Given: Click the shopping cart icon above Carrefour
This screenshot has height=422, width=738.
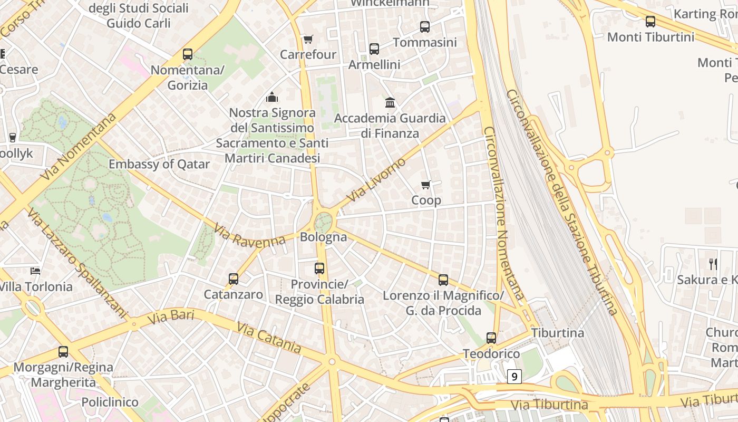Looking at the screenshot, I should pos(308,39).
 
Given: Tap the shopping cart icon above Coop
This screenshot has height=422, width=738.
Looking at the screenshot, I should pos(426,185).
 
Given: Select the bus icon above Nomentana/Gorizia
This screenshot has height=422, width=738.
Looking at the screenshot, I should pos(188,54).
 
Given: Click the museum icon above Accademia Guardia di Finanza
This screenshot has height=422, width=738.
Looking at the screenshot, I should pos(390,102).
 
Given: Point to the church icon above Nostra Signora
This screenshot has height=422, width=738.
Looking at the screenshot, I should pos(272,97).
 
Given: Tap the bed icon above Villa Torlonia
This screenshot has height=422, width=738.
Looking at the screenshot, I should pos(35,271).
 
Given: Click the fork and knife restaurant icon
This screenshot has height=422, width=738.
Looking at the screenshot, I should pos(713,264).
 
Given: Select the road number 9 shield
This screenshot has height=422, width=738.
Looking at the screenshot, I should pos(514,376).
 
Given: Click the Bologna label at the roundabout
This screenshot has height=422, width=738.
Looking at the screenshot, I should pos(323,237).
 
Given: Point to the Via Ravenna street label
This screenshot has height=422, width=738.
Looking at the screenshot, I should pos(249,235).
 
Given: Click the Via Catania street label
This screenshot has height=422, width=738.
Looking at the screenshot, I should pos(269,338).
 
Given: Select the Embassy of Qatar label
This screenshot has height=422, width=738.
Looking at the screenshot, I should pos(159,164).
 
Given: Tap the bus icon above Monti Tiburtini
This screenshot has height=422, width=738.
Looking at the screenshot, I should pos(650,22).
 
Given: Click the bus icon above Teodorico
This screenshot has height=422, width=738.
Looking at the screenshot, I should pos(491,338).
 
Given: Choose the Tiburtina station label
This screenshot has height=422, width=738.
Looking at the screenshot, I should pos(557,333).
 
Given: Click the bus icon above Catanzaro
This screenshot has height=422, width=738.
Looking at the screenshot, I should pos(234,279).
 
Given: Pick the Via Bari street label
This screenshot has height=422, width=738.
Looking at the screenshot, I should pos(171,317).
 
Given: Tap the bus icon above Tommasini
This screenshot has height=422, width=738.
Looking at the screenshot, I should pos(425,26).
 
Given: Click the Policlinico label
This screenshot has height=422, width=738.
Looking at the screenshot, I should pos(110,402).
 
